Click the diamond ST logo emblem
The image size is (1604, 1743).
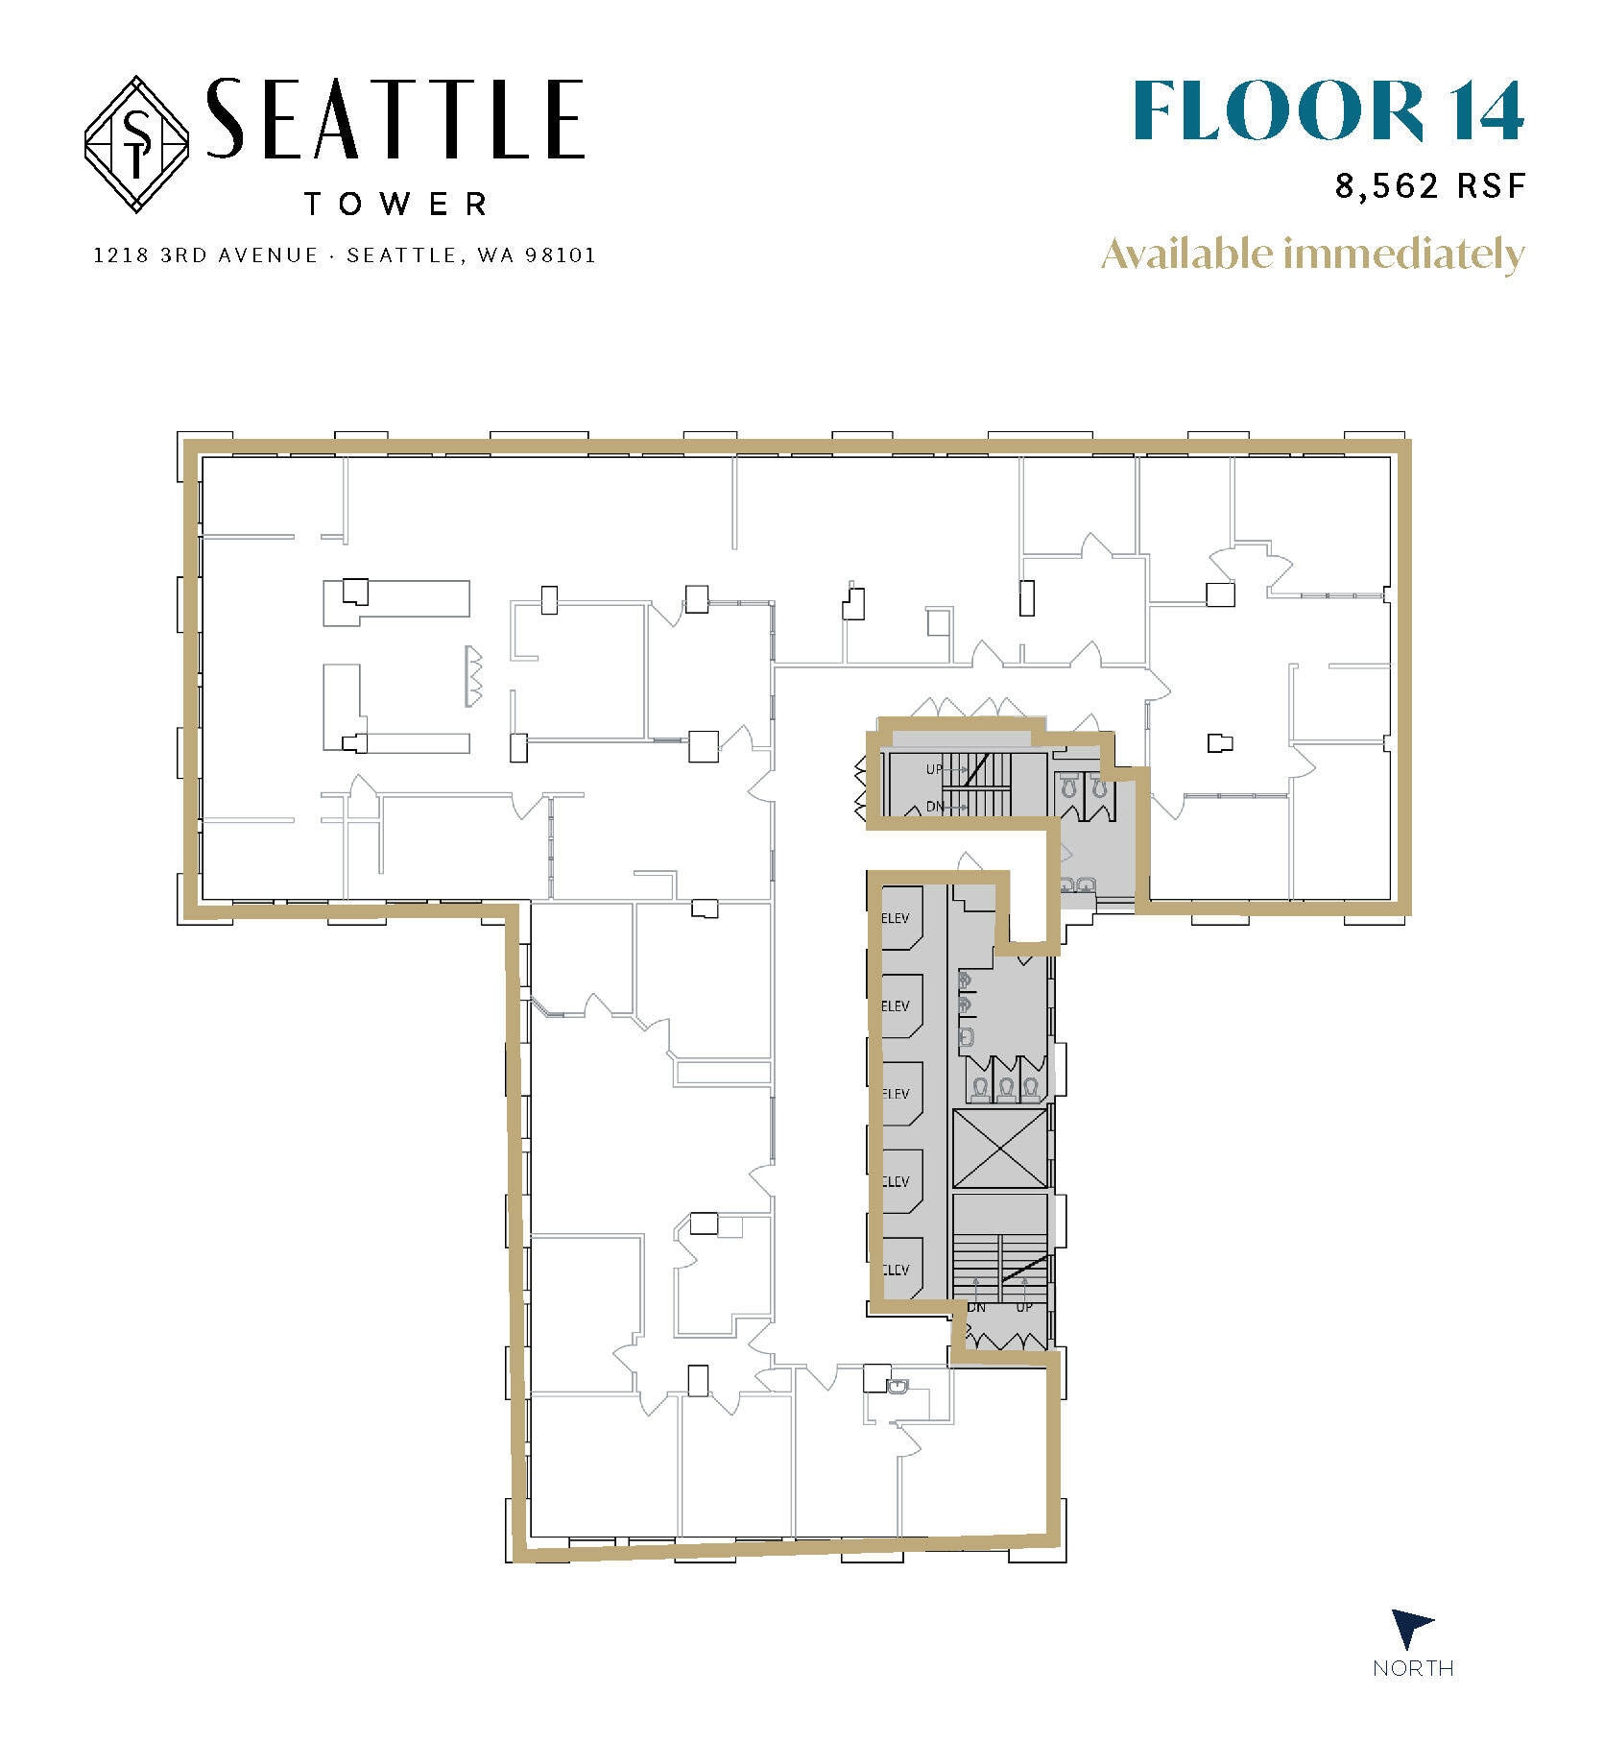point(136,144)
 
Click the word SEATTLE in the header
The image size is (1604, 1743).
point(395,119)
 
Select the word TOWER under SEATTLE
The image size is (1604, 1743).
point(395,204)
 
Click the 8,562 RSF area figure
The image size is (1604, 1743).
point(1429,185)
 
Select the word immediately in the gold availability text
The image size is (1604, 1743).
point(1404,254)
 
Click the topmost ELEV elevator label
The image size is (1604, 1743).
point(895,918)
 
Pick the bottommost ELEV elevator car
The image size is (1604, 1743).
point(900,1269)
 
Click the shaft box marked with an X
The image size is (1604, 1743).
point(999,1149)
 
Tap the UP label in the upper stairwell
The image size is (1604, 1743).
point(934,769)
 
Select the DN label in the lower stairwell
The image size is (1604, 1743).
point(976,1307)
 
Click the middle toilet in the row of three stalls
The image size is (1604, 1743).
point(1005,1087)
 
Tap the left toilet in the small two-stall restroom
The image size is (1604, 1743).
point(1071,787)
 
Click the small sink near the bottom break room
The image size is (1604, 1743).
point(898,1386)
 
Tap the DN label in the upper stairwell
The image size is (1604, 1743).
point(934,807)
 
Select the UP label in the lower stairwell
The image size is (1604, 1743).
point(1024,1307)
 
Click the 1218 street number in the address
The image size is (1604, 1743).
point(118,255)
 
